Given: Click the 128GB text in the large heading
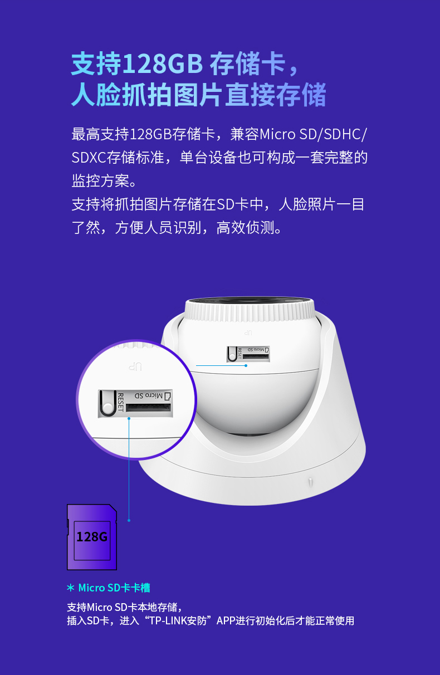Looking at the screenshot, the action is point(162,63).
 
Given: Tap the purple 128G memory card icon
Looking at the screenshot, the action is point(92,537).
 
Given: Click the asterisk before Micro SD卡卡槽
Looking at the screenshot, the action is point(71,588).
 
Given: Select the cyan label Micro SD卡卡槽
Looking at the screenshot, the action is point(114,588).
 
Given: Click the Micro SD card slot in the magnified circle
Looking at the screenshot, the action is point(148,408).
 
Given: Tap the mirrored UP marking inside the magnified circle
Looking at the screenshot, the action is point(135,367).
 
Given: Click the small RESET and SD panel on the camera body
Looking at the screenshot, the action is point(248,354).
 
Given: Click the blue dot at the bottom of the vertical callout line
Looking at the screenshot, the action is point(129,520).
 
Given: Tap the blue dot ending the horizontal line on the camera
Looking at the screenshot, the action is point(246,365).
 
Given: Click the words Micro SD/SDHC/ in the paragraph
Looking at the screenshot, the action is point(313,134).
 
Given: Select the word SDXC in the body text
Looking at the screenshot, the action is point(89,157).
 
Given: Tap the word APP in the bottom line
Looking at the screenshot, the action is point(226,621).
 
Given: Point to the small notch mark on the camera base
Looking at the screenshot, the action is point(310,482).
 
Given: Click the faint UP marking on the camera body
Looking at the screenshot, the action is point(248,333).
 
